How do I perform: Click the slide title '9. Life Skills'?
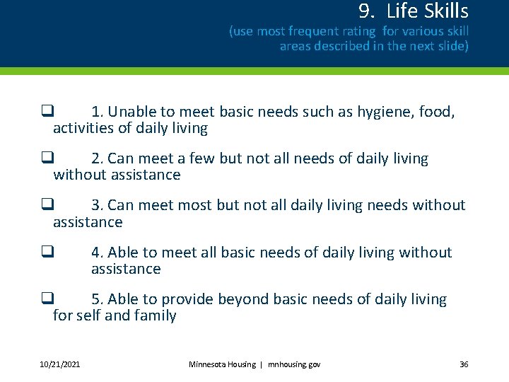(x=413, y=11)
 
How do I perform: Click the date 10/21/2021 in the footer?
(x=59, y=364)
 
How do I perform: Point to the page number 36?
(x=464, y=364)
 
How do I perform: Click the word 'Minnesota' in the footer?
(x=211, y=364)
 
